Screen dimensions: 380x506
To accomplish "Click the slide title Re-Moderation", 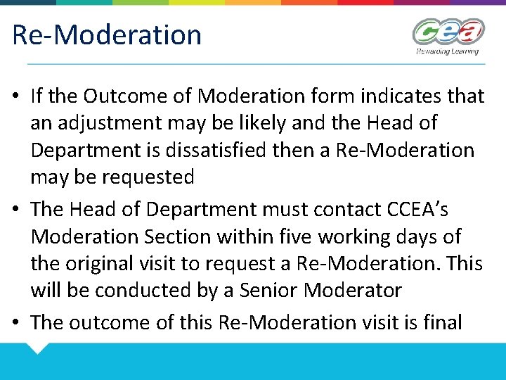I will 107,34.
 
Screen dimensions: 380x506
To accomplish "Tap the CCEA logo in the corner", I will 448,32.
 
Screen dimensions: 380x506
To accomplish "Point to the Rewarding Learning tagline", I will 447,51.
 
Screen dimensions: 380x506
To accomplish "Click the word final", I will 443,322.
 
